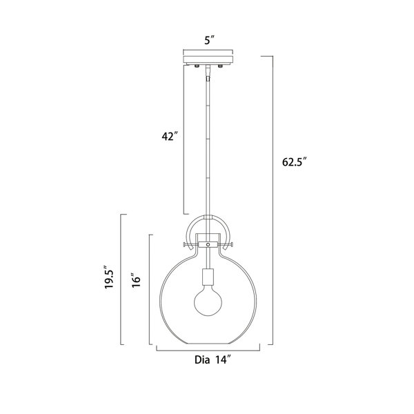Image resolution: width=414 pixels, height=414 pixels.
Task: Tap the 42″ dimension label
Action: (x=169, y=137)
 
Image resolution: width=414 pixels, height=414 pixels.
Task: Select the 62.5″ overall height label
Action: (x=295, y=162)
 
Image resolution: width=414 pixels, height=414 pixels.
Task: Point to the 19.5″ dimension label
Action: (x=110, y=277)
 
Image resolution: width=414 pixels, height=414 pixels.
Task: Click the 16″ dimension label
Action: (x=137, y=282)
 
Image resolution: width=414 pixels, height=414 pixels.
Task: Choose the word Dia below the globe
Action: (x=202, y=360)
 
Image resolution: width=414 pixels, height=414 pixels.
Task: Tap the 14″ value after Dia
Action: (x=222, y=360)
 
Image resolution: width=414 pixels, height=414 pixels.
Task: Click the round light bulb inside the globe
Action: (x=208, y=302)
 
